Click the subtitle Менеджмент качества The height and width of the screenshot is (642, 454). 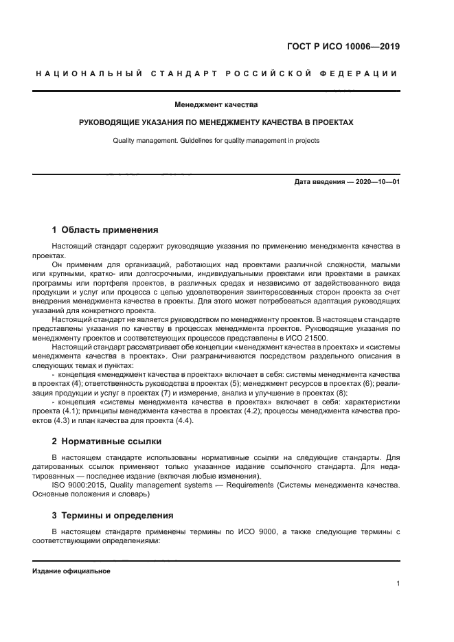coord(216,105)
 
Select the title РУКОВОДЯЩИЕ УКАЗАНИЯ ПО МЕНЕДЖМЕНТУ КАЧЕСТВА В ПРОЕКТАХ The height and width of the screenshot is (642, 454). coord(216,123)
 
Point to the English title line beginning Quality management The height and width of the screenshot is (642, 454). coord(216,141)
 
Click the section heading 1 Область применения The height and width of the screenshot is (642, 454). coord(105,229)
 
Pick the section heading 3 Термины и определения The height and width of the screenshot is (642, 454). coord(103,515)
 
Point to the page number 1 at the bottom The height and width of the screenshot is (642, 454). coord(398,584)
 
